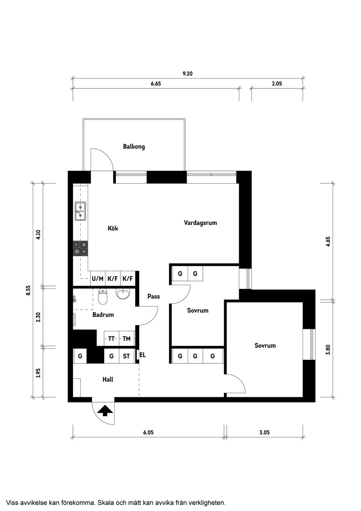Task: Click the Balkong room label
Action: coord(134,146)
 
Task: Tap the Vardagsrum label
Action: coord(200,223)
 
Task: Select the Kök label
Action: coord(113,228)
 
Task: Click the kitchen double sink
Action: coord(80,211)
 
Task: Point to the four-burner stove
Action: coord(80,248)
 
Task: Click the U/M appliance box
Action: coord(97,279)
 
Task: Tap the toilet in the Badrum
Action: coord(102,297)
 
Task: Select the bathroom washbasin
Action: coord(123,294)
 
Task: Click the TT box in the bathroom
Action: coord(111,339)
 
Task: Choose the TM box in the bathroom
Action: coord(127,339)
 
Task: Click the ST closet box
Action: coord(126,356)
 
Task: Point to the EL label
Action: coord(143,355)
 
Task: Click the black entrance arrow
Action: coord(105,410)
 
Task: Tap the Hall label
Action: coord(108,380)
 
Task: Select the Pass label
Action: coord(153,297)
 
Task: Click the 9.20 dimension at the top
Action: coord(187,74)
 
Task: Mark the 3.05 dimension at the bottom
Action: coord(264,433)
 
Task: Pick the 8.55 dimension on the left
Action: coord(28,290)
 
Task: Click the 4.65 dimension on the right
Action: coord(328,241)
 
